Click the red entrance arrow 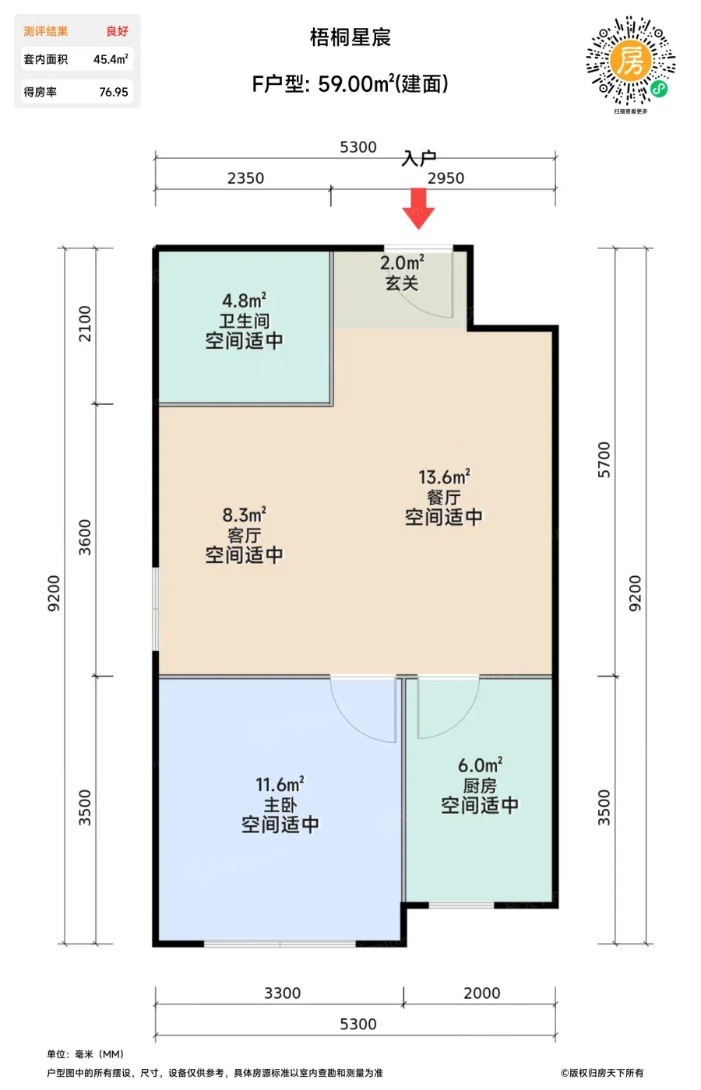point(418,209)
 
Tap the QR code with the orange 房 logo point(630,61)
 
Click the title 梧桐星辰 point(350,37)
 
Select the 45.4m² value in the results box point(111,59)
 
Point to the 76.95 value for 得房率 point(114,92)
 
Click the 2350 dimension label point(246,178)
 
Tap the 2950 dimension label point(446,178)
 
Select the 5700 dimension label point(604,460)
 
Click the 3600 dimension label point(85,537)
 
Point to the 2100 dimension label point(85,324)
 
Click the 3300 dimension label point(282,993)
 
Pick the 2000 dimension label point(482,993)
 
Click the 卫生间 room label point(245,321)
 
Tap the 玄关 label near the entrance point(402,283)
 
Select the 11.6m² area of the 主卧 point(280,785)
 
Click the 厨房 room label point(480,786)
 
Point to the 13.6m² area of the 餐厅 point(445,476)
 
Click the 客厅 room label point(245,536)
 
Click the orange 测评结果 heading point(46,32)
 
